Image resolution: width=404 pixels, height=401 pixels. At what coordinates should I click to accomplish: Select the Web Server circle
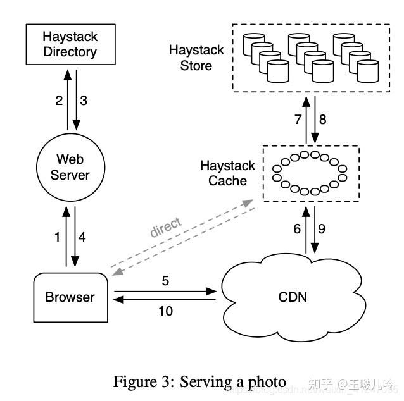tap(70, 166)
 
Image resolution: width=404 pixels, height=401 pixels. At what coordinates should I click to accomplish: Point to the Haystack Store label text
tap(196, 57)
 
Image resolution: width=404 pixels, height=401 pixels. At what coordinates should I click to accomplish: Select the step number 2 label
tap(59, 100)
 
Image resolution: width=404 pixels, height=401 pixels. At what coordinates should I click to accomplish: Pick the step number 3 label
tap(84, 100)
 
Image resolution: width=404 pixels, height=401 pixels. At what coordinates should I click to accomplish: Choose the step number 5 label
tap(165, 280)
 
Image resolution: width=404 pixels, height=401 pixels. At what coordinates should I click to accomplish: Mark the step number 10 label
tap(164, 311)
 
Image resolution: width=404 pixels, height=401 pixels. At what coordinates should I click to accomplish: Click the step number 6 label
tap(297, 229)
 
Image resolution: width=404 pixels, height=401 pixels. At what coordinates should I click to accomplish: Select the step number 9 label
tap(323, 229)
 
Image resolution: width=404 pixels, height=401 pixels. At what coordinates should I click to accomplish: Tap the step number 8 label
tap(323, 118)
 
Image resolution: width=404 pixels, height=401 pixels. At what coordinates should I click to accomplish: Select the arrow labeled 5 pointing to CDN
tap(165, 292)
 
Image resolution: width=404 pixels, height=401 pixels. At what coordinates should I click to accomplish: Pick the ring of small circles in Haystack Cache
tap(310, 172)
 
